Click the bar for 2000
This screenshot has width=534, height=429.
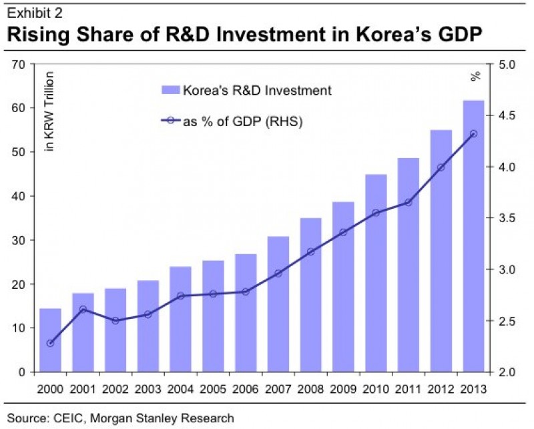(x=51, y=340)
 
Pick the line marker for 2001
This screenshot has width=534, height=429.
(x=83, y=309)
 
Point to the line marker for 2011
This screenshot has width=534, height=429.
(x=409, y=202)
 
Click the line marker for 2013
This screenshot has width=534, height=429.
(x=474, y=134)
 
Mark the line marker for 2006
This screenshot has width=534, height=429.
(x=246, y=292)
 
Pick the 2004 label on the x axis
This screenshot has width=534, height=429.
(x=181, y=388)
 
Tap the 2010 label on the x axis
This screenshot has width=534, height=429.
(x=376, y=388)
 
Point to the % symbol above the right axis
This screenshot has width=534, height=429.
(x=475, y=75)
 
